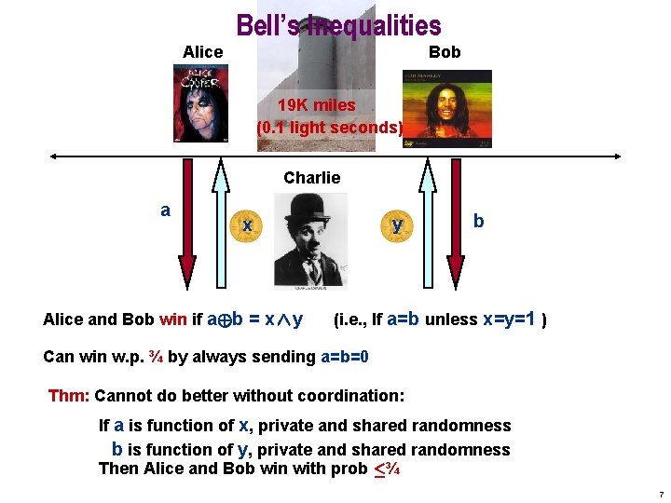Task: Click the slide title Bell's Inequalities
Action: pos(338,25)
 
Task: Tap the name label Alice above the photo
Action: pos(202,52)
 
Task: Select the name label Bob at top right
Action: pos(445,52)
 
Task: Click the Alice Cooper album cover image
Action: pos(200,102)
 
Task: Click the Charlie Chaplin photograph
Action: pos(310,240)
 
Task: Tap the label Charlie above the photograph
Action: pos(311,177)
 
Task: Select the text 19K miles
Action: pos(317,105)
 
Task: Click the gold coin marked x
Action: pos(246,225)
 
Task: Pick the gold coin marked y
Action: pos(397,225)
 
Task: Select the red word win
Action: pos(172,320)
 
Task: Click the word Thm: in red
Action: pos(69,395)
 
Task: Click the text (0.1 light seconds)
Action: pos(330,127)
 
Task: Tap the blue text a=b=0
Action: pos(345,357)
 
